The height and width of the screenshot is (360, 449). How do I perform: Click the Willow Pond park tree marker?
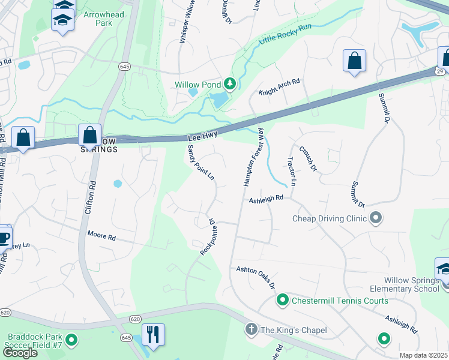coord(229,84)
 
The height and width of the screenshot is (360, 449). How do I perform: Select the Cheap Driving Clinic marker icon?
coord(376,217)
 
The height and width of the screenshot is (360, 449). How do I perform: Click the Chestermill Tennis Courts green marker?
coord(282,299)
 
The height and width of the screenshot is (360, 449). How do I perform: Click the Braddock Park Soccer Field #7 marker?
coord(71,341)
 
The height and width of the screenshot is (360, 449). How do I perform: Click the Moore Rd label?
coord(101,236)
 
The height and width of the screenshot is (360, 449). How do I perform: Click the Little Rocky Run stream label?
coord(285,34)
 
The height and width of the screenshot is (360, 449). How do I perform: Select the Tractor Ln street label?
coord(291,171)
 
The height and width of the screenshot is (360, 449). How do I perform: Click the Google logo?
coord(20,353)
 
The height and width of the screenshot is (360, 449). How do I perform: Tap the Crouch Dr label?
coord(307,157)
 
